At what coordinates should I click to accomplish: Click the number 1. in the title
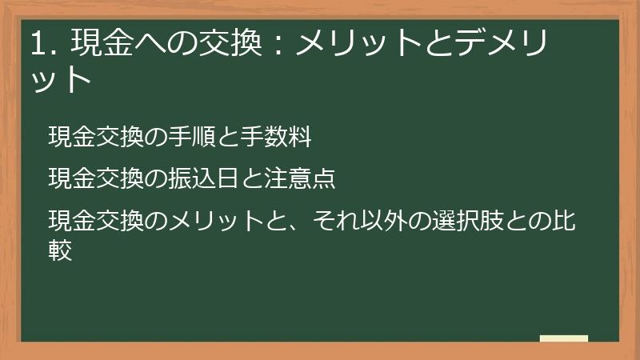(42, 43)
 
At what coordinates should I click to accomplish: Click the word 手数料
(275, 137)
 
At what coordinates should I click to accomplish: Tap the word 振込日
(204, 178)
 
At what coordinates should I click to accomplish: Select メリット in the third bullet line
(216, 220)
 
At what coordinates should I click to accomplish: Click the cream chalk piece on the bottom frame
(564, 338)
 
